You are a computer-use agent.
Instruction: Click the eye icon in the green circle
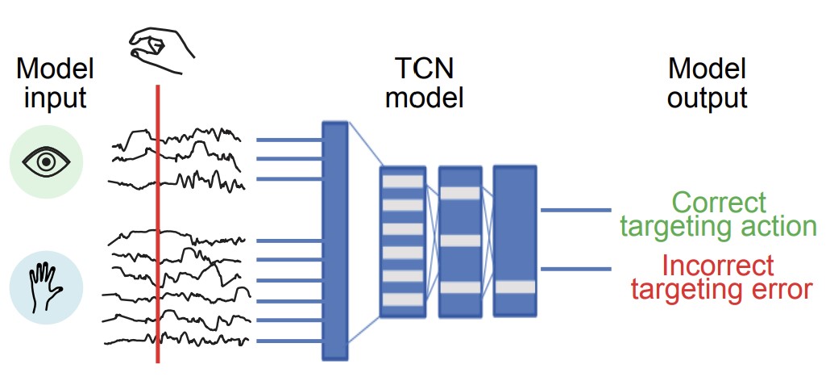click(46, 162)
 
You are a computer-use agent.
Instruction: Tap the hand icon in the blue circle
click(46, 287)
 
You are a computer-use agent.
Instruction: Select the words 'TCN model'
click(425, 83)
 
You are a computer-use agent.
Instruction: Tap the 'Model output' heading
click(708, 83)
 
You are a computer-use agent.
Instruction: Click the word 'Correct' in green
click(719, 202)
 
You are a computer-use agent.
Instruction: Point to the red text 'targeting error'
click(721, 289)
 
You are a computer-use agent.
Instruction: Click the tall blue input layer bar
click(334, 241)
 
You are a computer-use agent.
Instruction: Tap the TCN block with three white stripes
click(459, 241)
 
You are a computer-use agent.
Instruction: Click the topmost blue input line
click(288, 140)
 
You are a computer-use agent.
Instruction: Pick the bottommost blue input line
click(288, 341)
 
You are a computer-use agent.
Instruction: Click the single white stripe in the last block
click(514, 287)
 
